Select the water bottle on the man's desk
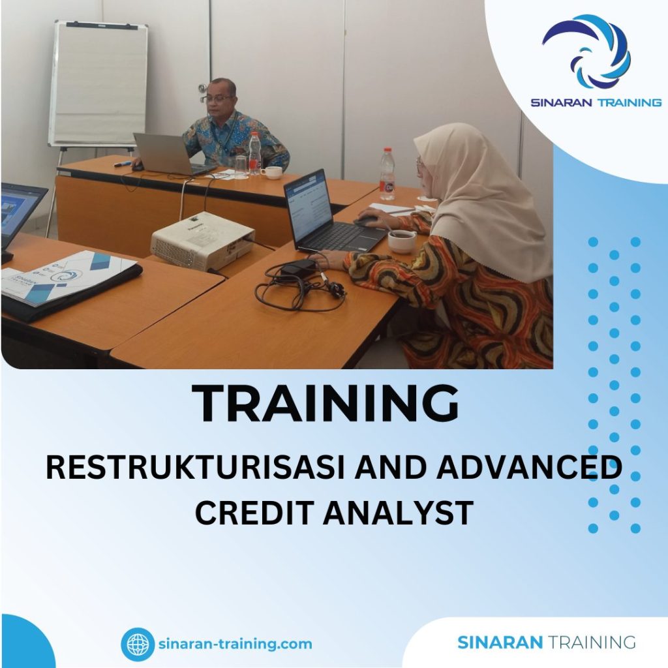254,153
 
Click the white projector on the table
202,240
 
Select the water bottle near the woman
387,174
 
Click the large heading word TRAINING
326,404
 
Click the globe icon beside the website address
138,645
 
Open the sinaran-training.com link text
235,645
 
